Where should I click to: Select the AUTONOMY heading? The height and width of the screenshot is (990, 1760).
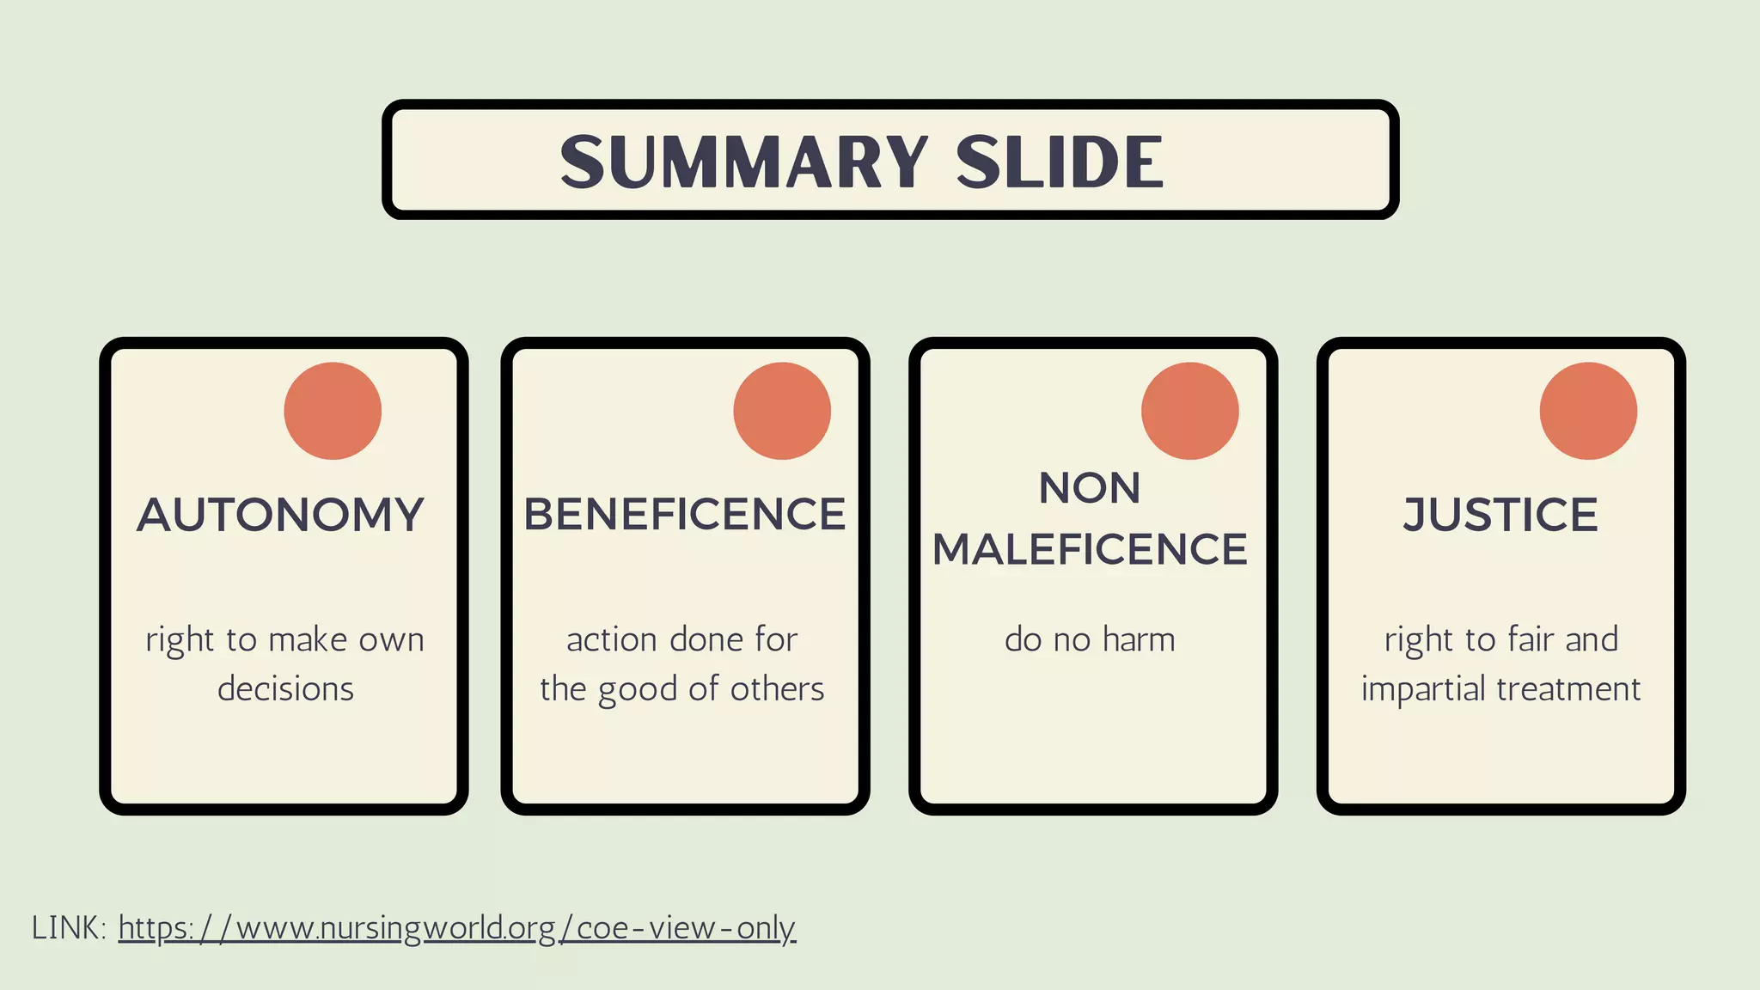click(x=280, y=515)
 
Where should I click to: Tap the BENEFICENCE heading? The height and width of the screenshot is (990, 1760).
click(x=685, y=515)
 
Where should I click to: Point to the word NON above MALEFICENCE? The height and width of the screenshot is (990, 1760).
click(x=1090, y=488)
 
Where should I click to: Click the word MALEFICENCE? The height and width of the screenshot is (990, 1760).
click(x=1090, y=549)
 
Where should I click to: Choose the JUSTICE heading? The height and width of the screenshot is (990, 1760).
click(x=1500, y=515)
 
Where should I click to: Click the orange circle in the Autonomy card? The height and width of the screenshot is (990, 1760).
click(x=333, y=411)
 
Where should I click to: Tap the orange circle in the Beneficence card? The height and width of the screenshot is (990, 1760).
click(x=782, y=411)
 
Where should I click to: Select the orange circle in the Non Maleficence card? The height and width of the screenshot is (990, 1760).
click(x=1190, y=411)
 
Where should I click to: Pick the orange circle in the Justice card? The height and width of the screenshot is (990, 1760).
click(x=1588, y=411)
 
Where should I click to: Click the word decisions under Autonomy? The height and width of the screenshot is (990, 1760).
click(x=285, y=688)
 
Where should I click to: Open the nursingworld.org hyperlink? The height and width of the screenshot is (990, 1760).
click(x=457, y=928)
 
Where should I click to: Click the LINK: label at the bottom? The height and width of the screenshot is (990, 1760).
click(x=69, y=928)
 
